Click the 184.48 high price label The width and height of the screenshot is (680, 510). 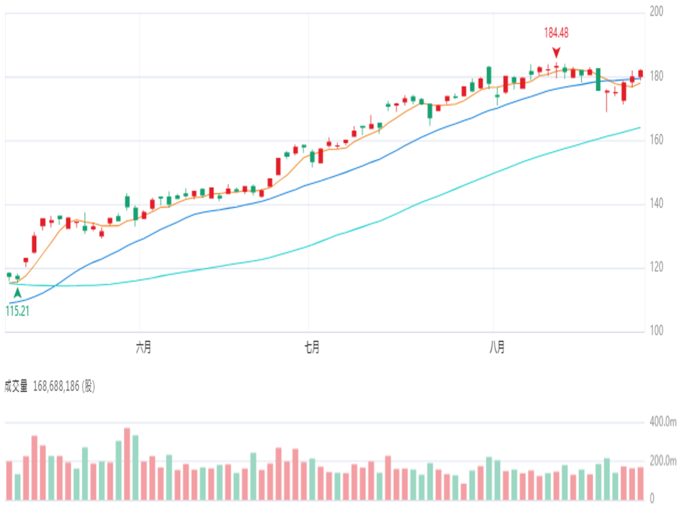pyautogui.click(x=556, y=33)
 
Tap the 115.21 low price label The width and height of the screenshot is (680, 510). pyautogui.click(x=17, y=311)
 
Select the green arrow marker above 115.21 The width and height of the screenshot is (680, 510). pyautogui.click(x=18, y=293)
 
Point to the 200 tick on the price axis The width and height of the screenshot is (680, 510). pyautogui.click(x=657, y=12)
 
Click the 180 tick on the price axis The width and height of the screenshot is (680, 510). pyautogui.click(x=657, y=76)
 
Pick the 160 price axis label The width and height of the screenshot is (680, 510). pyautogui.click(x=657, y=140)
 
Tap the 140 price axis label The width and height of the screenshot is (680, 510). pyautogui.click(x=657, y=204)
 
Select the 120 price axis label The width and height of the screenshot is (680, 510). pyautogui.click(x=657, y=267)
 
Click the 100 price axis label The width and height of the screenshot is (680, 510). pyautogui.click(x=657, y=331)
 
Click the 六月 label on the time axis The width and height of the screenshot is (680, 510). pyautogui.click(x=143, y=347)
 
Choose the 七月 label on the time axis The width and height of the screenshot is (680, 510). pyautogui.click(x=312, y=347)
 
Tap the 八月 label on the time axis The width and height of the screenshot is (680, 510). pyautogui.click(x=497, y=347)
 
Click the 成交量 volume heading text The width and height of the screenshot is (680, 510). pyautogui.click(x=16, y=386)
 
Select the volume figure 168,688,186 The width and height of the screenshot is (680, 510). pyautogui.click(x=56, y=386)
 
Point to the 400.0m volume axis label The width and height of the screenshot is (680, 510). pyautogui.click(x=663, y=422)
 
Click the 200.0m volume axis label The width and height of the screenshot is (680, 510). pyautogui.click(x=663, y=461)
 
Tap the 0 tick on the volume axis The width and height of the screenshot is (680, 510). pyautogui.click(x=652, y=498)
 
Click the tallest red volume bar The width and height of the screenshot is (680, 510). pyautogui.click(x=127, y=464)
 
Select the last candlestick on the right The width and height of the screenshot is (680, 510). pyautogui.click(x=640, y=74)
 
